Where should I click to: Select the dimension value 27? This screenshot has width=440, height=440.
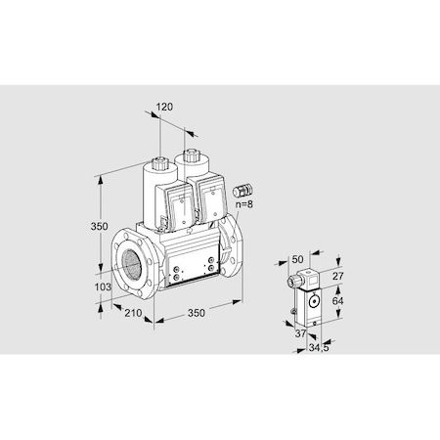pyautogui.click(x=337, y=277)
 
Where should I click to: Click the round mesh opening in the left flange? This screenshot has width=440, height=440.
pyautogui.click(x=128, y=265)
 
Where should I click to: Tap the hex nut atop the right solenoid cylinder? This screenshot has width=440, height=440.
pyautogui.click(x=191, y=154)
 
